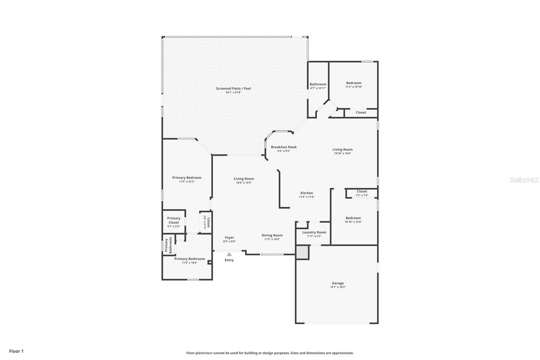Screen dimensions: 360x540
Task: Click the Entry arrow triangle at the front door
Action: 229,254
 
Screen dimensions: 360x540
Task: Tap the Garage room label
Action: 337,283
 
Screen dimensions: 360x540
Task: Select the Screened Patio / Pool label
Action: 233,88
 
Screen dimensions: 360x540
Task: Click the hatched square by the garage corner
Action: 302,252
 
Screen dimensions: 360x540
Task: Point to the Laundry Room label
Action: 314,232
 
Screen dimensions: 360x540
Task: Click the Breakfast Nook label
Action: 283,147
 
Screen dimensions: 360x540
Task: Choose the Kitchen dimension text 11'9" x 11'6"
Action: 306,197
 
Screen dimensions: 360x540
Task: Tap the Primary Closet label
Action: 173,220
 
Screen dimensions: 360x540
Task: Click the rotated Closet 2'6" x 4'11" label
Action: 207,223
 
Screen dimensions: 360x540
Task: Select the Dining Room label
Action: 272,235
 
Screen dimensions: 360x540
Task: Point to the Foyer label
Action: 229,237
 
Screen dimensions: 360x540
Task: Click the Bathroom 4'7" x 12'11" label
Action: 318,84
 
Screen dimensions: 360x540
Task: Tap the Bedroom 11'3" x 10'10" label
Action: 353,83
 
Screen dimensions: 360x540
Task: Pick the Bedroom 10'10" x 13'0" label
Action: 353,218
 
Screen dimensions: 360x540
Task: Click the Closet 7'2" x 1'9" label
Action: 362,191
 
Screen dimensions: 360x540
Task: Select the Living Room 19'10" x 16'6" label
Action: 342,150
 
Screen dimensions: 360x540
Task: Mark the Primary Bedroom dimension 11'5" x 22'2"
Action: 187,182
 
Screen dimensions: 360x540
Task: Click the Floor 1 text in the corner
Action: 16,351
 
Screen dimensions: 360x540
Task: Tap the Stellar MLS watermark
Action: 524,180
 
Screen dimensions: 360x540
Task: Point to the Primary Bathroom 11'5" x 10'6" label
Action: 189,259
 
